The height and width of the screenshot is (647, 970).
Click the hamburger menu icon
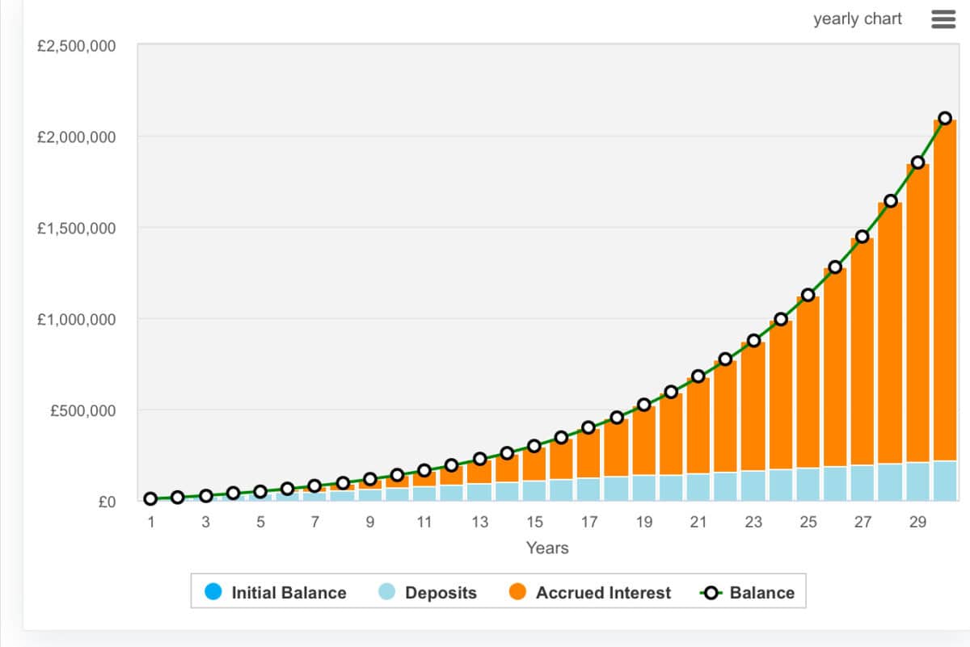pos(943,19)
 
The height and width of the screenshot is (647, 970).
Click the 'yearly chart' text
pos(857,19)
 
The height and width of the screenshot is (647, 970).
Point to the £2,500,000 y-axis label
pos(77,46)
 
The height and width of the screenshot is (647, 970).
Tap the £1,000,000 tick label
pos(77,320)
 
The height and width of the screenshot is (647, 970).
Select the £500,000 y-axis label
pos(82,411)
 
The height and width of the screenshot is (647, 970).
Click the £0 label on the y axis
pos(107,502)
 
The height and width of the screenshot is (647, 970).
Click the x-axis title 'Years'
pos(547,548)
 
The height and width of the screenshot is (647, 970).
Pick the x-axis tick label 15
pos(534,523)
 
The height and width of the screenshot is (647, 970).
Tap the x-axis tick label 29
pos(917,523)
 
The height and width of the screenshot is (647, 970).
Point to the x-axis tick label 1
pos(151,523)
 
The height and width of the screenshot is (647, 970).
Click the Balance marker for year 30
pos(945,118)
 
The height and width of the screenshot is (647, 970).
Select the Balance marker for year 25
pos(808,295)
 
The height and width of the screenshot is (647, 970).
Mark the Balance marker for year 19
pos(643,405)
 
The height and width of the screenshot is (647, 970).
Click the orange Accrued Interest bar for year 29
pos(917,315)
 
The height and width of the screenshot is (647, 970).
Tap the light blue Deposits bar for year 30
pos(945,481)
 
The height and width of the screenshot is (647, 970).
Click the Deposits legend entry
pos(428,593)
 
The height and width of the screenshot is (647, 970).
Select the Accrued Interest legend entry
pos(590,593)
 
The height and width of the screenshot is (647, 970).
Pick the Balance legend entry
pos(748,593)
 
